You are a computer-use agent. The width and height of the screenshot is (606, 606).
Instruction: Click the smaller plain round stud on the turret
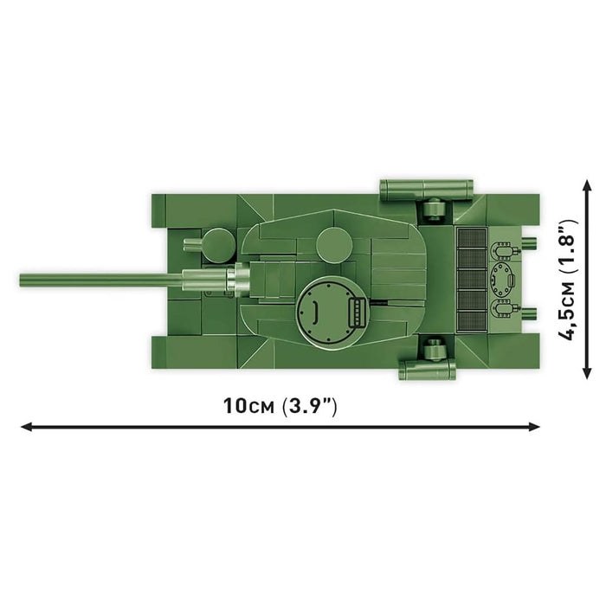[332, 245]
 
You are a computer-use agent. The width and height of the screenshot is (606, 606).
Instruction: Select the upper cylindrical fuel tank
[426, 186]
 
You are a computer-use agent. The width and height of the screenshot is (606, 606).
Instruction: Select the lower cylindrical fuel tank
[428, 370]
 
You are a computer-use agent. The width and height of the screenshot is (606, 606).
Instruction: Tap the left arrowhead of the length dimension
[26, 426]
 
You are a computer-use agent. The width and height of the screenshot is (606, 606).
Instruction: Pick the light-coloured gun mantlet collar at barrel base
[238, 280]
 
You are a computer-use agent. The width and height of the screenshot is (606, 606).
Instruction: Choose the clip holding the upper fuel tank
[434, 207]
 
